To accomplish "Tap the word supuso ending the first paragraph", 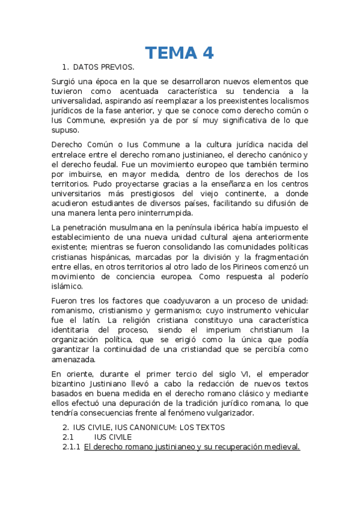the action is [x=65, y=129].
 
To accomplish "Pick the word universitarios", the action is [x=79, y=194].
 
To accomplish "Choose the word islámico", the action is [x=68, y=286].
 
